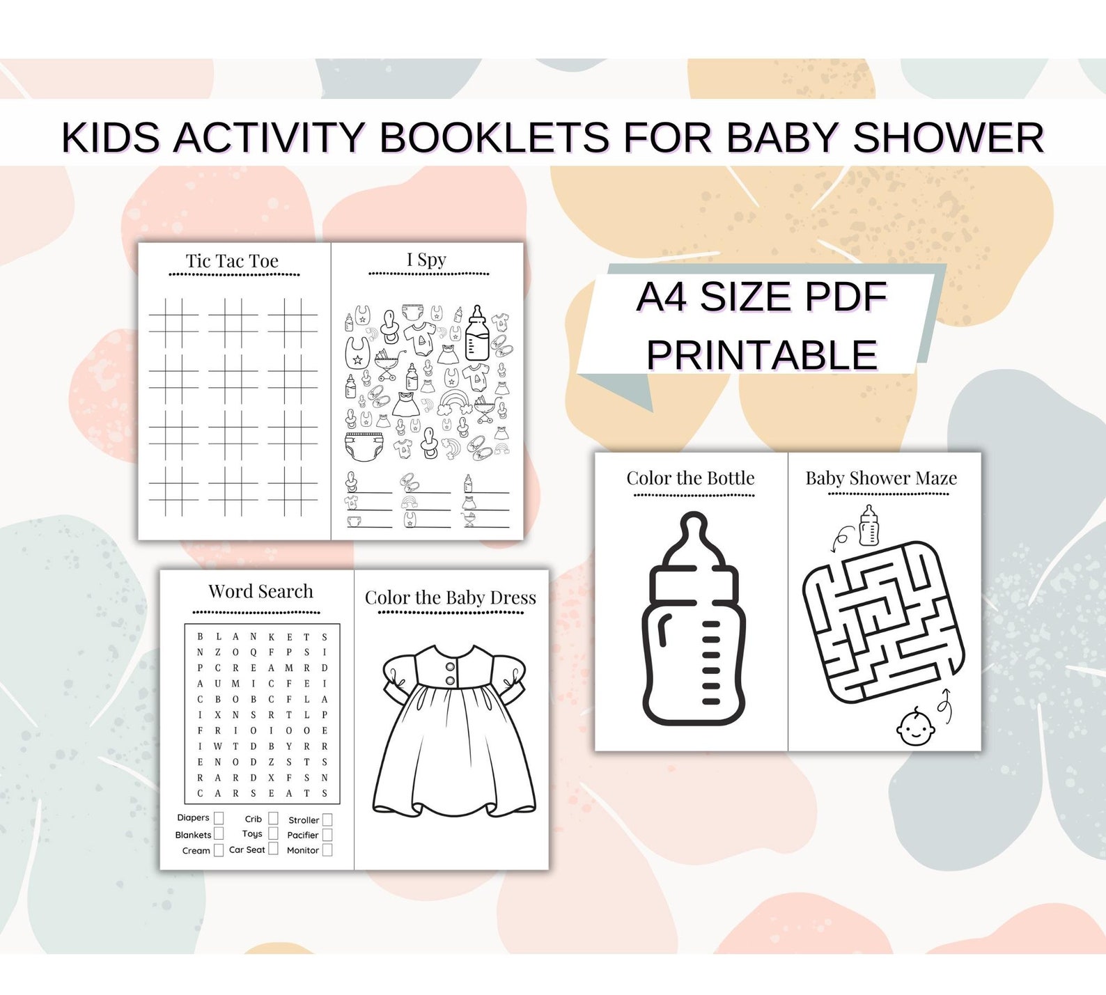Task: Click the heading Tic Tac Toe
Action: (232, 261)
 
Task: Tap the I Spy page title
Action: (426, 260)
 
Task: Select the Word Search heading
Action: (260, 591)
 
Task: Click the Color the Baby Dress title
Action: (451, 597)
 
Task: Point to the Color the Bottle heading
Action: (690, 478)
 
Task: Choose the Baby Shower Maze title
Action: (881, 478)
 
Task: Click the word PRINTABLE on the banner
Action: (761, 355)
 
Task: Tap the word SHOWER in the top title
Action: (948, 137)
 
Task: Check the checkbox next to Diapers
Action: (219, 818)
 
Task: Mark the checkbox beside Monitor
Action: (327, 850)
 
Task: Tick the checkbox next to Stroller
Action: (327, 820)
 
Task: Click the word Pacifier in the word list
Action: (302, 835)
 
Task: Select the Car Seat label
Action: (247, 849)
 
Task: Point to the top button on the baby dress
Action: (450, 665)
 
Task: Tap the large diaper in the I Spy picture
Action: (364, 446)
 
